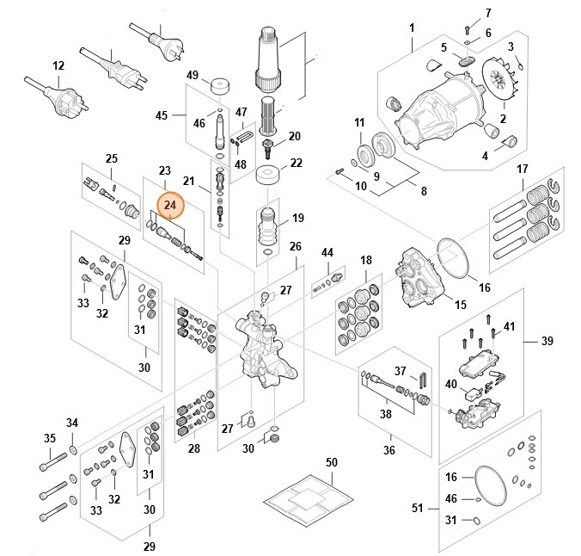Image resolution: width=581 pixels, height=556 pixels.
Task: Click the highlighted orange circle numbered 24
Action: [x=170, y=205]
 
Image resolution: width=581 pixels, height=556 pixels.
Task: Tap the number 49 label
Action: [x=193, y=75]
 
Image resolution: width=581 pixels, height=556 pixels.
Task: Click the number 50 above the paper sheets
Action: [x=331, y=464]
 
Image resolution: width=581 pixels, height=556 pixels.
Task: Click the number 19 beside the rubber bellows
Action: [x=297, y=219]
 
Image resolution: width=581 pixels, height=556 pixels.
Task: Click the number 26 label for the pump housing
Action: [x=295, y=246]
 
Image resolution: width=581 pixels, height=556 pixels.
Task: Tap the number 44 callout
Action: [x=327, y=252]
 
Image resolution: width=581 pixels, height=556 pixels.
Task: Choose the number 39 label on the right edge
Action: [x=546, y=342]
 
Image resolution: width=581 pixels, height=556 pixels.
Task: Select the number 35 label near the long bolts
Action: [x=50, y=438]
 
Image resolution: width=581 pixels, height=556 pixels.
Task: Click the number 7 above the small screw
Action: [x=488, y=13]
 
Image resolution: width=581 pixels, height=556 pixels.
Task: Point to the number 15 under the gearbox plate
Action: [x=461, y=305]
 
